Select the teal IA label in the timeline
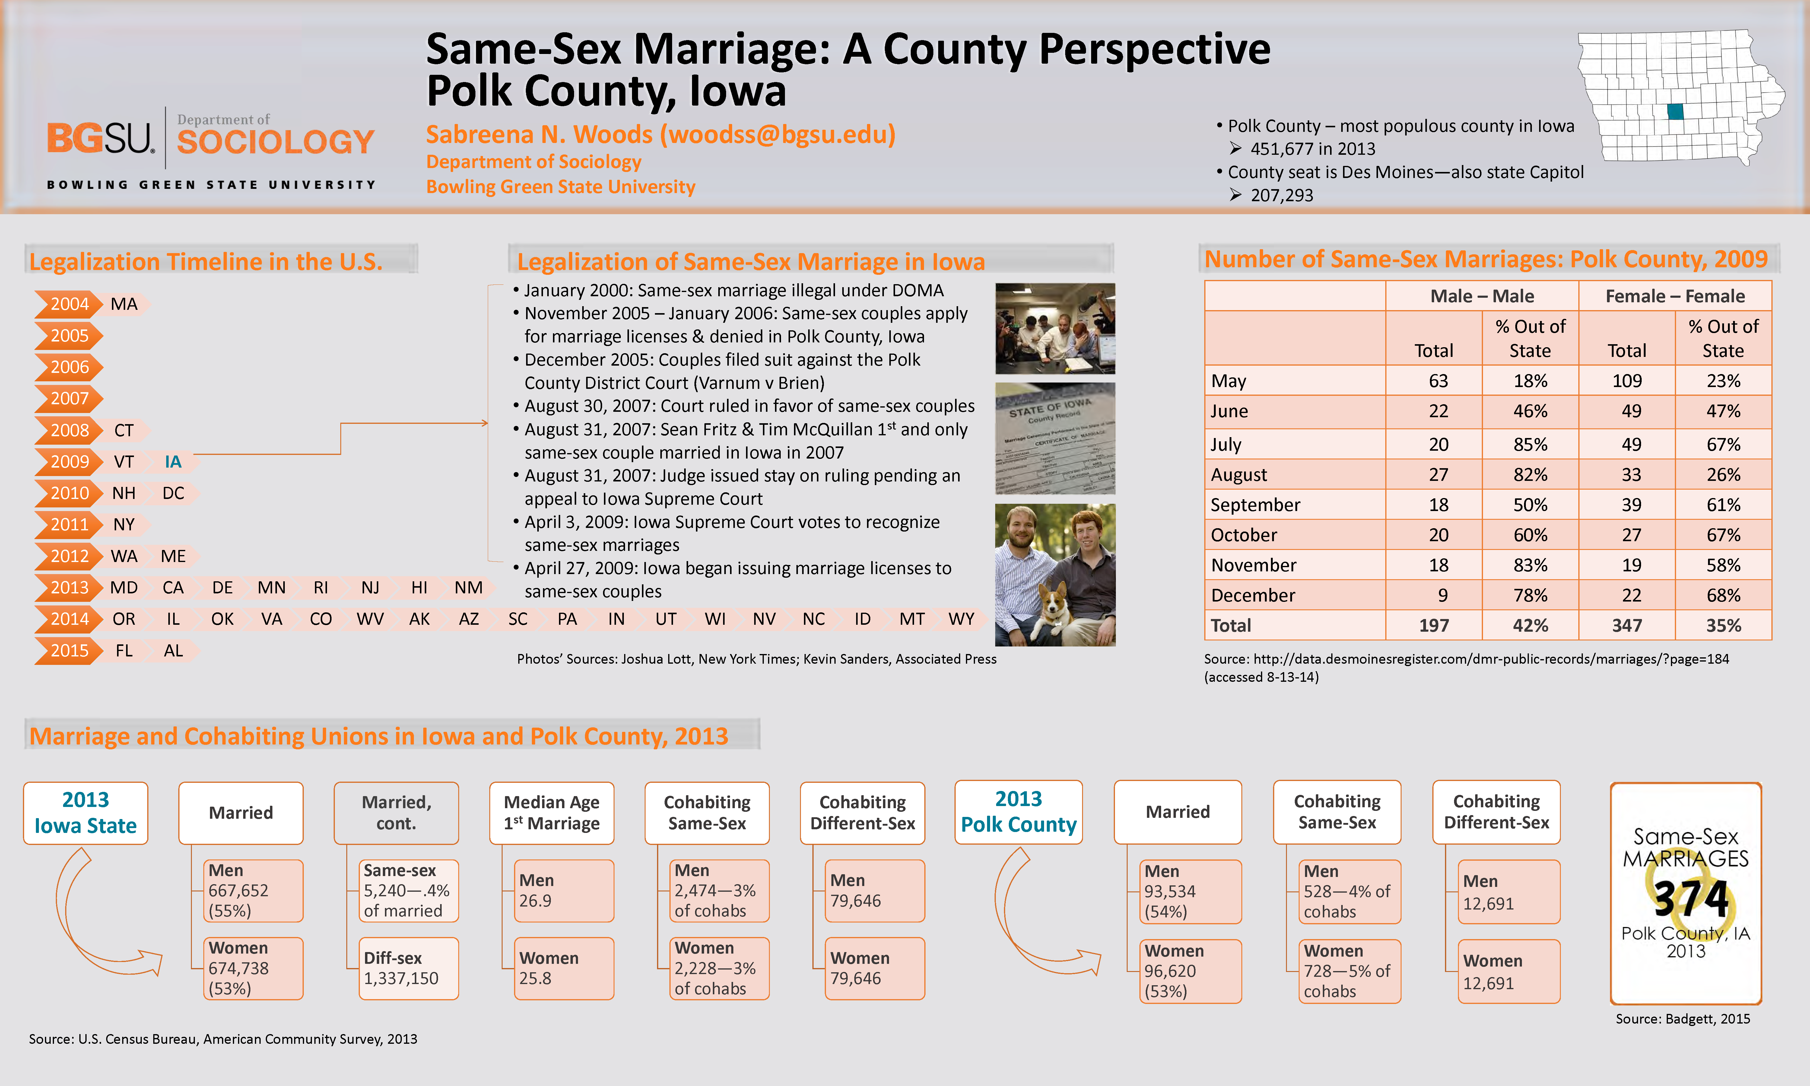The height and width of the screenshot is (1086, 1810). tap(173, 462)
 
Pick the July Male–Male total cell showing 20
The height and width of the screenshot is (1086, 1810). tap(1438, 444)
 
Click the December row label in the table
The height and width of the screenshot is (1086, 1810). tap(1253, 595)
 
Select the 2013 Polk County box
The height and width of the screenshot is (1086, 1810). tap(1018, 812)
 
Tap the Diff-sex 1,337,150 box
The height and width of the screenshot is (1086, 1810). tap(408, 968)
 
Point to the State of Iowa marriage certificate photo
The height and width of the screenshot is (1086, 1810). tap(1055, 439)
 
